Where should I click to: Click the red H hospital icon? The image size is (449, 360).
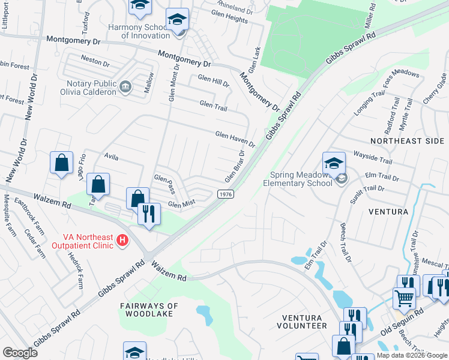(122, 241)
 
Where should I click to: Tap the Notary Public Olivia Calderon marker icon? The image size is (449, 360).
(125, 86)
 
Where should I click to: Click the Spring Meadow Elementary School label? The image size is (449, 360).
(300, 179)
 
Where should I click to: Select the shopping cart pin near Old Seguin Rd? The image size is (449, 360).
(404, 296)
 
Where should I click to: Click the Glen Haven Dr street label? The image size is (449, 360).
(235, 139)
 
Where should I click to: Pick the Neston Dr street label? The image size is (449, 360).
(95, 62)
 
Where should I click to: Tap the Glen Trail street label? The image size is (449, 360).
(213, 106)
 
